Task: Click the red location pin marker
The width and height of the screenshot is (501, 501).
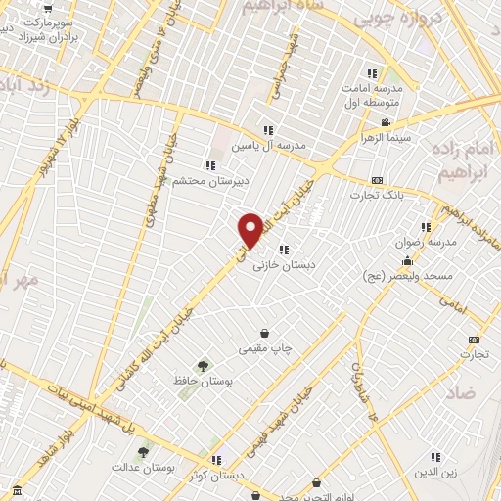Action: (x=250, y=230)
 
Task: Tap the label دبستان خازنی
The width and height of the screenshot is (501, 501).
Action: (x=282, y=265)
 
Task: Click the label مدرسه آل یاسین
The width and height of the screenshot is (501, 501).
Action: (x=268, y=145)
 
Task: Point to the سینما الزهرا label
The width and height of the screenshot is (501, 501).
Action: (x=386, y=139)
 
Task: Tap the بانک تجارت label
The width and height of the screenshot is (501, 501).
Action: (x=376, y=196)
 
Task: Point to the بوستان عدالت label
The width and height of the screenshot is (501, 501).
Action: (x=144, y=468)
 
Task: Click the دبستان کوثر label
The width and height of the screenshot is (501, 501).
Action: (x=217, y=474)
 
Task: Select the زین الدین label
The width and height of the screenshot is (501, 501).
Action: (x=436, y=473)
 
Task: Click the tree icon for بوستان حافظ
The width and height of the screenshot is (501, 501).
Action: (x=204, y=365)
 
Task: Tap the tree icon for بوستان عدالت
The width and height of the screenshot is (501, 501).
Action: (x=144, y=452)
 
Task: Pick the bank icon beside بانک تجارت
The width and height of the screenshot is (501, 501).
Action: (x=377, y=181)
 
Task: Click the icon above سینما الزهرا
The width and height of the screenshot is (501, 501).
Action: (x=386, y=123)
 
